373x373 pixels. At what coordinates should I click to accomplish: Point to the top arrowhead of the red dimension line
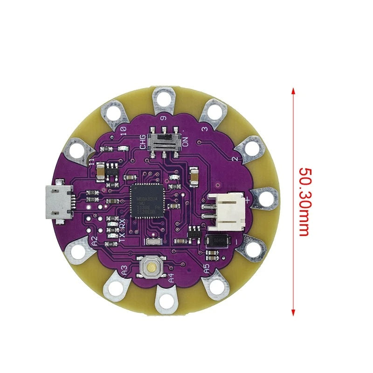click(293, 91)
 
